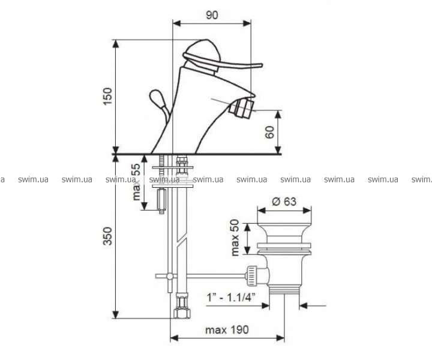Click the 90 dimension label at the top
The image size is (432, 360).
tap(212, 16)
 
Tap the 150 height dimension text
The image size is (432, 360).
tap(107, 96)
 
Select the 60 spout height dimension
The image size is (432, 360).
tap(270, 132)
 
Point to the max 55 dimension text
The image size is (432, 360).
tap(136, 182)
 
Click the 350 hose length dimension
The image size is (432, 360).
tap(107, 236)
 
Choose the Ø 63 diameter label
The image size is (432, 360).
tap(284, 202)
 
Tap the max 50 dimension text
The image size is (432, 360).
tap(235, 238)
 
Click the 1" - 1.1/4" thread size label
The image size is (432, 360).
tap(231, 298)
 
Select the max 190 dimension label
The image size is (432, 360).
tap(227, 330)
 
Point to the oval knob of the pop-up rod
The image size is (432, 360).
tap(157, 97)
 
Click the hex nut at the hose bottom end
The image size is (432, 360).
tap(182, 313)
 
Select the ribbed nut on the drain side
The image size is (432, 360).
tap(253, 276)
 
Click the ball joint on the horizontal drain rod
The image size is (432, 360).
tap(170, 276)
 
